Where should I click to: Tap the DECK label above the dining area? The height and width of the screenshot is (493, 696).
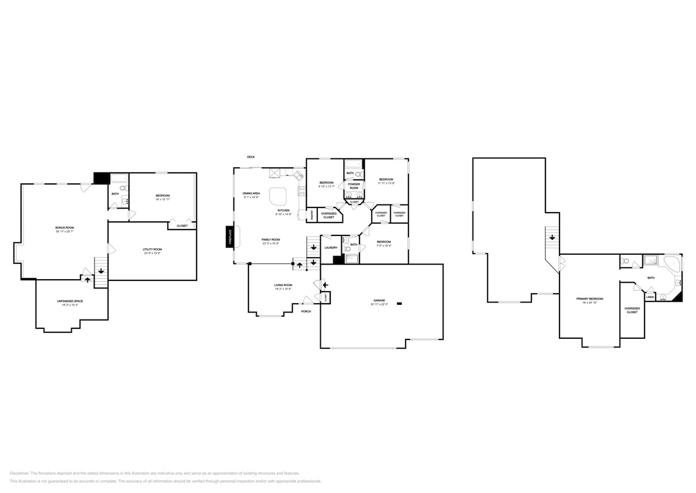(251, 157)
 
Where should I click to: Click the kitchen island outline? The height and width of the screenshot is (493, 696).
(278, 196)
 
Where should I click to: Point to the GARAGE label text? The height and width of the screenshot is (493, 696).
(379, 301)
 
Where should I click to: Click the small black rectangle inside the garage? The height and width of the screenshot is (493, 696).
(400, 303)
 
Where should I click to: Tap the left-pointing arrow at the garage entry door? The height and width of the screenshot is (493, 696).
(326, 284)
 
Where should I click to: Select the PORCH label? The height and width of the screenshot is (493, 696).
(306, 311)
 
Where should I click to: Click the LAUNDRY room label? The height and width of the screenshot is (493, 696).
(331, 248)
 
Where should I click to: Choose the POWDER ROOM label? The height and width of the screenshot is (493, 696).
(354, 186)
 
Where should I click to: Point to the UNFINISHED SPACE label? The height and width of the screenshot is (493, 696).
(68, 301)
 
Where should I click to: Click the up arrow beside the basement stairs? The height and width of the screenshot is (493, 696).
(88, 280)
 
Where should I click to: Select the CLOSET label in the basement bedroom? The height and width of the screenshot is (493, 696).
(182, 225)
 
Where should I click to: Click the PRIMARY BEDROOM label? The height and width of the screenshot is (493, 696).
(589, 299)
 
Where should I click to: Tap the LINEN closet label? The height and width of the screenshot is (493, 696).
(650, 297)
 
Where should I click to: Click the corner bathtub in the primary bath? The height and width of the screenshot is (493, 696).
(673, 264)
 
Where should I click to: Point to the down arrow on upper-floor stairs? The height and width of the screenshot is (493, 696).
(551, 236)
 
